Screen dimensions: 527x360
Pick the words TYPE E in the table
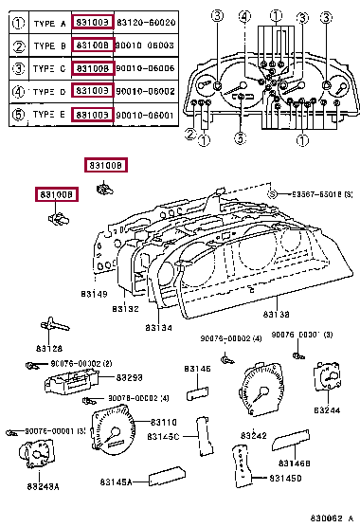48,115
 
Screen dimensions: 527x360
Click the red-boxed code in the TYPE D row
94,91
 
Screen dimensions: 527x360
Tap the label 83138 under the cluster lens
277,314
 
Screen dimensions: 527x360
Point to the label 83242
253,436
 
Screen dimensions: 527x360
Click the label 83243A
43,487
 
